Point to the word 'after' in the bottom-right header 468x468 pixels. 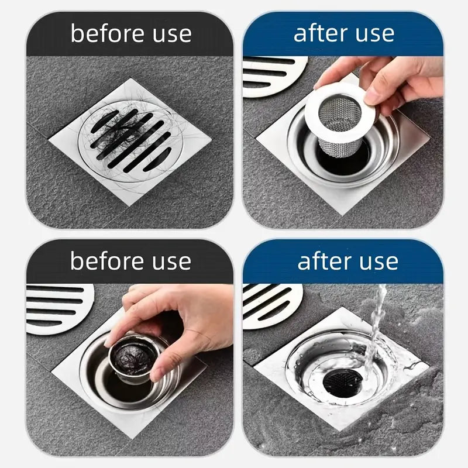tap(325, 261)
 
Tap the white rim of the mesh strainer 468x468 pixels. tap(316, 99)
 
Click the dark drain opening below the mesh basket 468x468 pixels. tap(345, 157)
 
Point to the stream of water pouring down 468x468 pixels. tap(374, 333)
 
